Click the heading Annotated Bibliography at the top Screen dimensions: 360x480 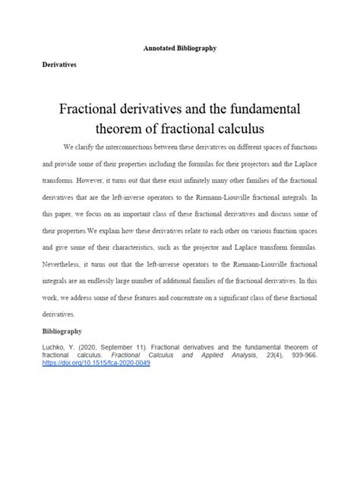(x=180, y=48)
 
